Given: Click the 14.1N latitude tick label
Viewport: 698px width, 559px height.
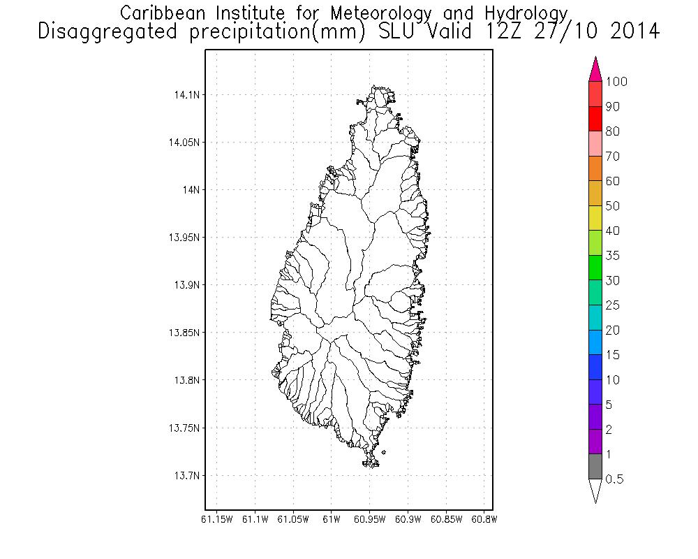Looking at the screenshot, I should [184, 94].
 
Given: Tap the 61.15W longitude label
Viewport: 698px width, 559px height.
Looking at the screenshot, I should [217, 520].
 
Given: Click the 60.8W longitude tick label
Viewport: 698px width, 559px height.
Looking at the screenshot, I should [484, 520].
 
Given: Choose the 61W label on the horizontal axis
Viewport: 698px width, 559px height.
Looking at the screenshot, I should [332, 520].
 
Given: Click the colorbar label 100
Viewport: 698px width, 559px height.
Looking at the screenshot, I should [617, 82].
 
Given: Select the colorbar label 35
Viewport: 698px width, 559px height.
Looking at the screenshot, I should [612, 256].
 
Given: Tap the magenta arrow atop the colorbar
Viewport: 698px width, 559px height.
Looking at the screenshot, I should [595, 70].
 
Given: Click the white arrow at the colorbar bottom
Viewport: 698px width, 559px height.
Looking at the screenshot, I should [595, 490].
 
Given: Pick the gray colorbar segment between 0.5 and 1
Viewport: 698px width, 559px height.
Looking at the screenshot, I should [595, 467].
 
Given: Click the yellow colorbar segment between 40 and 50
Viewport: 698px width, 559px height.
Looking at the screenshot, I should [595, 218].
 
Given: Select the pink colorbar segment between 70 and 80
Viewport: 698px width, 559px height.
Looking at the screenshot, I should [595, 144].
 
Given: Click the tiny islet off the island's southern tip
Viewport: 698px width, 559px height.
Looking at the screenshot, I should [384, 453].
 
